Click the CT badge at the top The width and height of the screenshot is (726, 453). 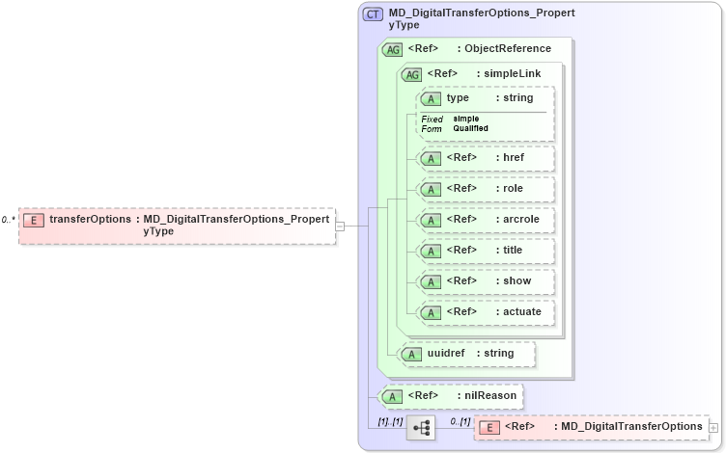tap(373, 14)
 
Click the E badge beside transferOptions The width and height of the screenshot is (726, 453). tap(33, 220)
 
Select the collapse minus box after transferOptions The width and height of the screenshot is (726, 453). tap(340, 226)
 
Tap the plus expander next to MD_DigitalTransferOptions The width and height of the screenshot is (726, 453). tap(713, 426)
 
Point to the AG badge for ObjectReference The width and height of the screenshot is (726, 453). tap(393, 49)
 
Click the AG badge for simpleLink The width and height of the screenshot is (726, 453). tap(412, 74)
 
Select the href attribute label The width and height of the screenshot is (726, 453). tap(513, 157)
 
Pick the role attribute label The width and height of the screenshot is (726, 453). tap(512, 188)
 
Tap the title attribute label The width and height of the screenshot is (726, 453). tap(513, 250)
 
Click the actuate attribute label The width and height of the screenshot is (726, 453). tap(521, 311)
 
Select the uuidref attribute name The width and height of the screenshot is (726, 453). tap(446, 353)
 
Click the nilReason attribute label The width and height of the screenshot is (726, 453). tap(489, 395)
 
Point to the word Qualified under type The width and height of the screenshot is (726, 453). tap(471, 128)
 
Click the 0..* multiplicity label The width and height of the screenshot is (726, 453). tap(8, 220)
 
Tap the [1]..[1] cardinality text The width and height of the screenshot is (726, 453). tap(390, 421)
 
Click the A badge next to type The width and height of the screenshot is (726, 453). tap(432, 98)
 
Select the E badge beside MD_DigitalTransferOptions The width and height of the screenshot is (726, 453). tap(489, 427)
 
